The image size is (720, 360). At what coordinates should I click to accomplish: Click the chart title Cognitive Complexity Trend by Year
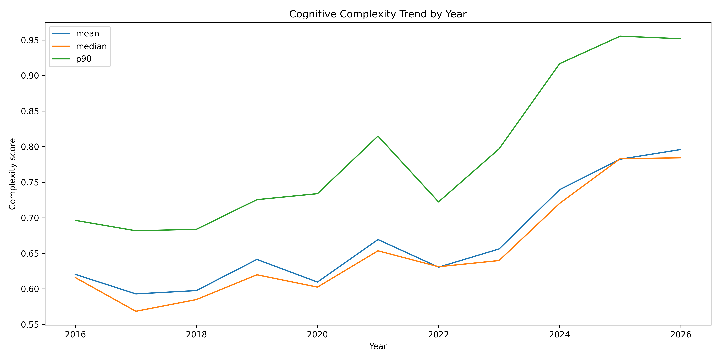378,14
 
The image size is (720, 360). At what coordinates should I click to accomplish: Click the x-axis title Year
378,347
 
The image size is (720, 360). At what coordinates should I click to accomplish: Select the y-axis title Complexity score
12,174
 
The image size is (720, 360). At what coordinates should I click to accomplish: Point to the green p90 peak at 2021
378,136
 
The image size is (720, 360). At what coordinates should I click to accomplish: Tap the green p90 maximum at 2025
620,36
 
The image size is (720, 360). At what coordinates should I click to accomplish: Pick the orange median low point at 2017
136,311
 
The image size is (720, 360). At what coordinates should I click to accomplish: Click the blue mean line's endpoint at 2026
681,150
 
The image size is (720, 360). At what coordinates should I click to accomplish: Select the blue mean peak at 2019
257,259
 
